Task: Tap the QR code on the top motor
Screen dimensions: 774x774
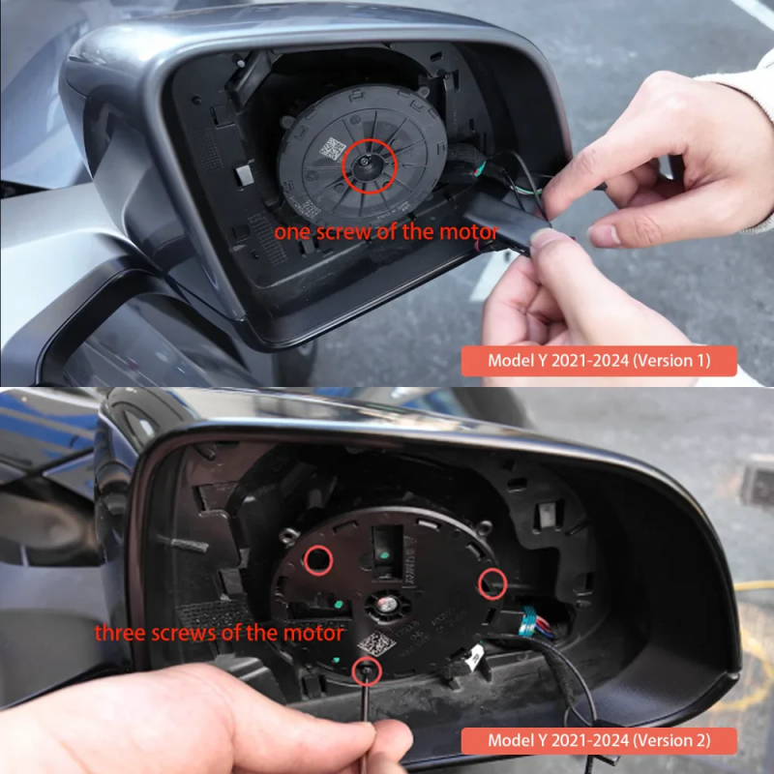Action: coord(333,149)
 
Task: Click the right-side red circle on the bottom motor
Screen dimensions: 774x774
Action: coord(479,584)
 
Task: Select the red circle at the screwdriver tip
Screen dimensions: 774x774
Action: coord(353,671)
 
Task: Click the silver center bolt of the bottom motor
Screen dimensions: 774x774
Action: coord(387,603)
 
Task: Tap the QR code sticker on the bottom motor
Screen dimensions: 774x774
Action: coord(376,643)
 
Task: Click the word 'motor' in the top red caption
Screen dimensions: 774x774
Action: coord(469,231)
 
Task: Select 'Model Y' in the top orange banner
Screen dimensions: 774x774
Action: coord(518,361)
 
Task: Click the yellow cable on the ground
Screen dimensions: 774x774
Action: coord(754,585)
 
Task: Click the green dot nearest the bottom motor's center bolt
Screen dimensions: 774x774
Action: coord(338,604)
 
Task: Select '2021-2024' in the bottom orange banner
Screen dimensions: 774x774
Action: coord(589,740)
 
